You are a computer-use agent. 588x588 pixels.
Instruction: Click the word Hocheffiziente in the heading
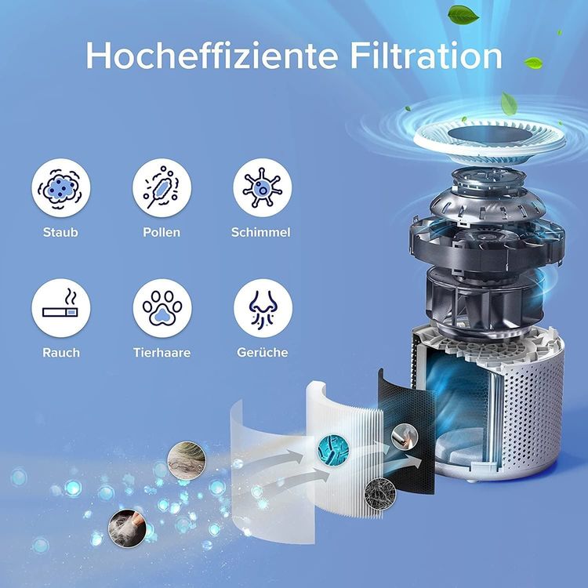pos(212,56)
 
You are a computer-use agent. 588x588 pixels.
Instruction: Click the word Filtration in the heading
pos(426,56)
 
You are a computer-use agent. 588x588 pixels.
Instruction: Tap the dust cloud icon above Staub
pos(61,187)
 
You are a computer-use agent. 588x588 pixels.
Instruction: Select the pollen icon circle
pos(162,187)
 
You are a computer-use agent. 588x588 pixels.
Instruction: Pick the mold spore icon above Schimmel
pos(263,187)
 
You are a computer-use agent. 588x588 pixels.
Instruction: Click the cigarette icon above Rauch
pos(61,308)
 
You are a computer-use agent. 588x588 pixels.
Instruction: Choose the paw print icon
pos(162,308)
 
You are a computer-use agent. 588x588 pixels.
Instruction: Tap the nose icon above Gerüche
pos(263,308)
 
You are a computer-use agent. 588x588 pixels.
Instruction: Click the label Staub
pos(60,232)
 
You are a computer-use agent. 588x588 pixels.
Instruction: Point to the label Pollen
pos(162,232)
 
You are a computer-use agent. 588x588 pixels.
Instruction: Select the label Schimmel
pos(261,232)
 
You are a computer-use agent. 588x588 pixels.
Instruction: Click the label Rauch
pos(61,353)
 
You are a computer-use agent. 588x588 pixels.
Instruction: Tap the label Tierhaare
pos(162,353)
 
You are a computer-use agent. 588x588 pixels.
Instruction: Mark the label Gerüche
pos(263,353)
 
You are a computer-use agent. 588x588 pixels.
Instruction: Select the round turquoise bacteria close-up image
pos(333,449)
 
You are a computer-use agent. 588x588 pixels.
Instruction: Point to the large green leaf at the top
pos(463,16)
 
